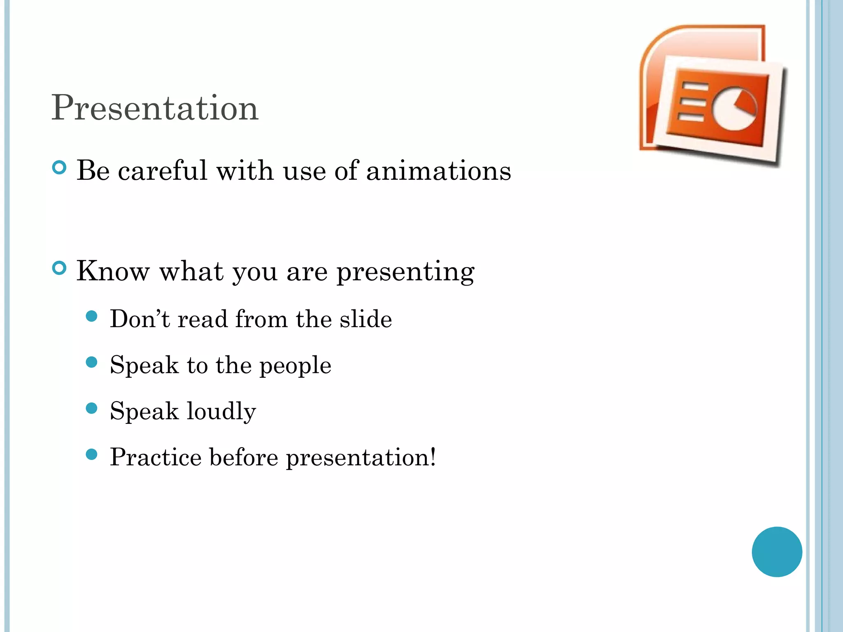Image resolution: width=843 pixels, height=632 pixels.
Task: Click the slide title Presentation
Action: click(x=155, y=108)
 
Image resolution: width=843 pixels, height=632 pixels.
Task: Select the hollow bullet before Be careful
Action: click(x=60, y=167)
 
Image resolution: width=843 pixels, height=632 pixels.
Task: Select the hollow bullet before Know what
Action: click(x=60, y=268)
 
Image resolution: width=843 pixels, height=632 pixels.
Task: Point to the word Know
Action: click(x=113, y=271)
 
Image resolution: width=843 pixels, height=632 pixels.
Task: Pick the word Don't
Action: click(x=140, y=319)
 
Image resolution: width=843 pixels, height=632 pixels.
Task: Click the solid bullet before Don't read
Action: click(x=92, y=316)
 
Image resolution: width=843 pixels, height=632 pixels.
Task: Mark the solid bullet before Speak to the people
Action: click(x=92, y=362)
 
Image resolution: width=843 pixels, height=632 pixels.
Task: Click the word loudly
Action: click(x=221, y=411)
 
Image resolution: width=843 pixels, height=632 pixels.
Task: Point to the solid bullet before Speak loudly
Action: click(x=92, y=409)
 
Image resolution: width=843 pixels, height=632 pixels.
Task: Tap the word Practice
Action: click(x=155, y=457)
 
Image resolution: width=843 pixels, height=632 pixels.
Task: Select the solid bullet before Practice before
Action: click(x=92, y=454)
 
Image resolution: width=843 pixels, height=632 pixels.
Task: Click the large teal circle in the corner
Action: click(x=777, y=552)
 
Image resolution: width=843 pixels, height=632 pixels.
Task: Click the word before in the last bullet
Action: click(x=243, y=457)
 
